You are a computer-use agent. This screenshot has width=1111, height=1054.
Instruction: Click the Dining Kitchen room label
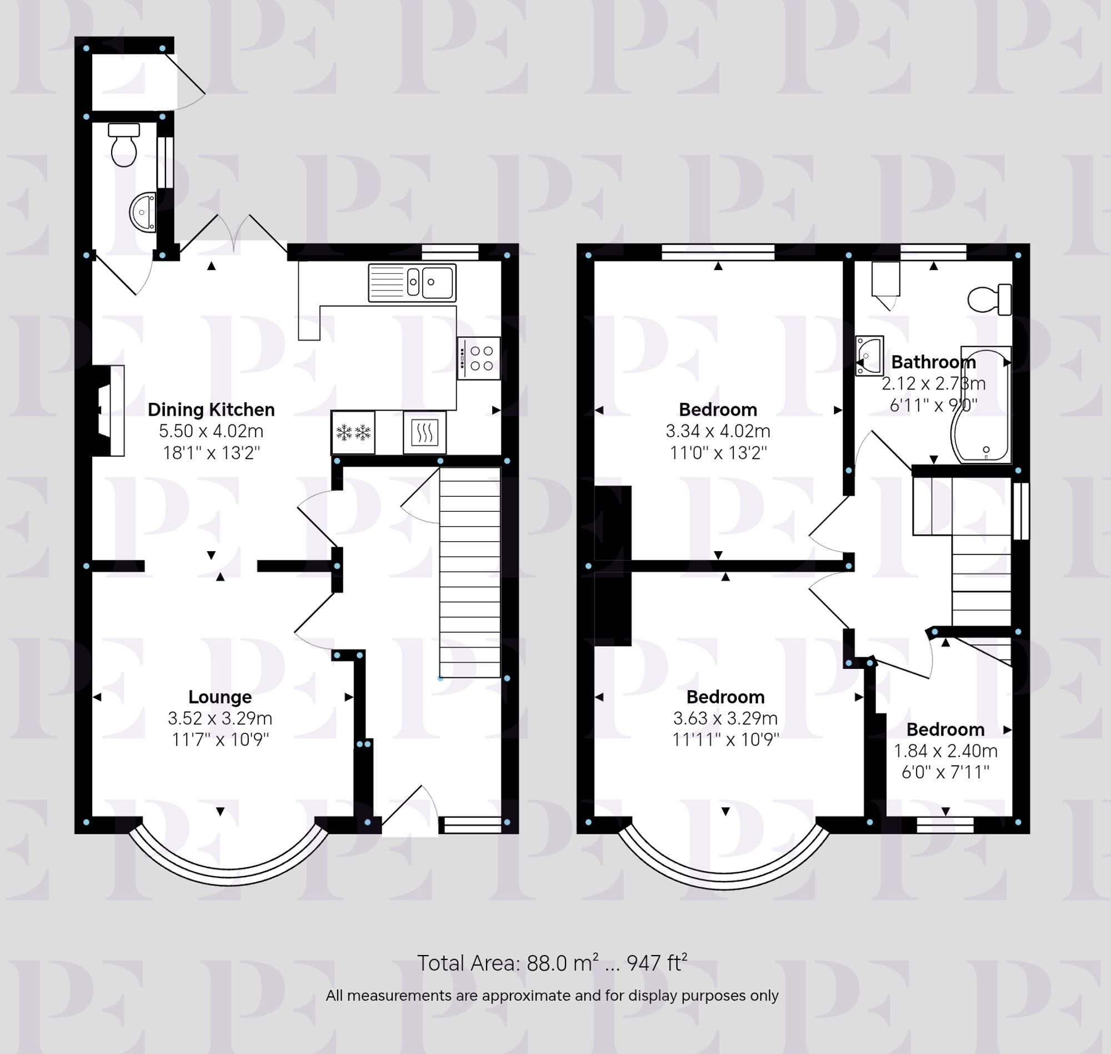pyautogui.click(x=211, y=409)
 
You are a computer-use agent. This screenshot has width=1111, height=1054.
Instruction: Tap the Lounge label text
pyautogui.click(x=219, y=697)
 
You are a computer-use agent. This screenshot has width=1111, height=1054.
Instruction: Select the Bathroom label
pyautogui.click(x=933, y=362)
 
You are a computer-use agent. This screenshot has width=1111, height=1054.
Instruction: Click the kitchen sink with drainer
pyautogui.click(x=412, y=283)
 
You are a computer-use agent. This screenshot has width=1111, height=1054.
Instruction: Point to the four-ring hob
pyautogui.click(x=478, y=358)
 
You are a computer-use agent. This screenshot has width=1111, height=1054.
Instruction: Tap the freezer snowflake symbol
pyautogui.click(x=353, y=433)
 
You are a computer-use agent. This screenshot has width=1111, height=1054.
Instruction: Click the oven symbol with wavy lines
pyautogui.click(x=424, y=433)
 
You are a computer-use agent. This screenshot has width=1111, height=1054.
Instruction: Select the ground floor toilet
pyautogui.click(x=123, y=145)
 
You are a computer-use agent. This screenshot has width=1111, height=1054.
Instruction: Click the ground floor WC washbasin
pyautogui.click(x=143, y=212)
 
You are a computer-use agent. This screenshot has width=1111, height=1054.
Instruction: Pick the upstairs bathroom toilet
pyautogui.click(x=990, y=299)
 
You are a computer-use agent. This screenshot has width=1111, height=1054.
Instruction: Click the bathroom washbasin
pyautogui.click(x=869, y=356)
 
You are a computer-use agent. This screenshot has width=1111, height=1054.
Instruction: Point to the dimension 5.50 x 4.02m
pyautogui.click(x=211, y=431)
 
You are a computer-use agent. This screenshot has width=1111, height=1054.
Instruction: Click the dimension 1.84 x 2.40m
pyautogui.click(x=945, y=751)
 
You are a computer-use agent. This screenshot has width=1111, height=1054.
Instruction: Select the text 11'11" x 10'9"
pyautogui.click(x=725, y=740)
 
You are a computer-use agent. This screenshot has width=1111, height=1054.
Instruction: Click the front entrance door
pyautogui.click(x=409, y=809)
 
